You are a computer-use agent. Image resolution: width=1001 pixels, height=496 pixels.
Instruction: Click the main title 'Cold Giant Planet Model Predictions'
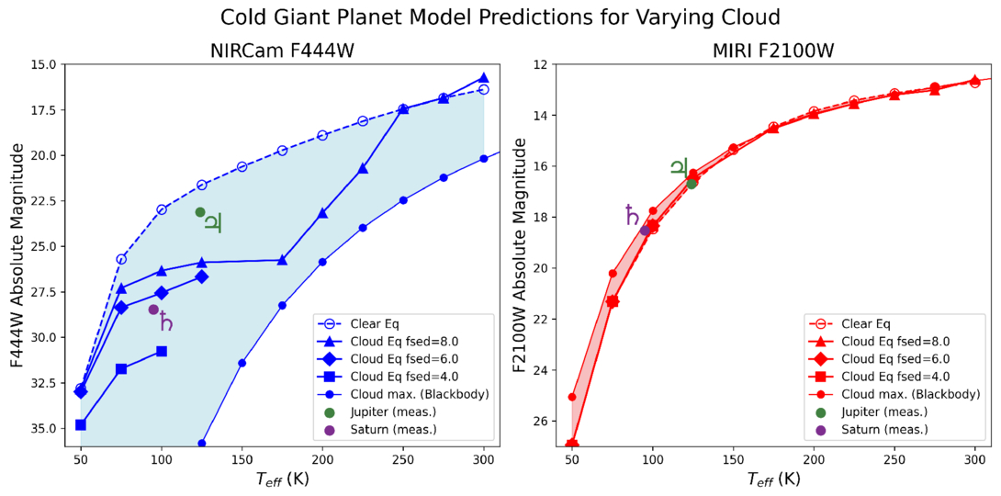tap(500, 17)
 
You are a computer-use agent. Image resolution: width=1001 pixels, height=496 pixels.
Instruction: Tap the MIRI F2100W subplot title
tap(761, 51)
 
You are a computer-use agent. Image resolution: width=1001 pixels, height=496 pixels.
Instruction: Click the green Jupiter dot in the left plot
tap(200, 212)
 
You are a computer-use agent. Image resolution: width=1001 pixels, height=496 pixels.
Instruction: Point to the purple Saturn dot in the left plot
tap(153, 310)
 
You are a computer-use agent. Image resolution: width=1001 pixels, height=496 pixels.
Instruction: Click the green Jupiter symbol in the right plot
tap(679, 166)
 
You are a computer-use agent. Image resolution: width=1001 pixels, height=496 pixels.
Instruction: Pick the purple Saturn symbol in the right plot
tap(632, 215)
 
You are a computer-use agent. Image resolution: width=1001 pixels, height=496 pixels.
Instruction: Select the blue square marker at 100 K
tap(162, 351)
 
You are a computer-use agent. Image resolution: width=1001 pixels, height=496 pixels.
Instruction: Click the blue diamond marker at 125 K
tap(202, 276)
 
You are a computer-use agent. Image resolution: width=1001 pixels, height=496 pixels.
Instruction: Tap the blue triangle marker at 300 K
tap(484, 79)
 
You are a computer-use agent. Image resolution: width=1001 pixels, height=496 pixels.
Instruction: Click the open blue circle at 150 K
tap(242, 166)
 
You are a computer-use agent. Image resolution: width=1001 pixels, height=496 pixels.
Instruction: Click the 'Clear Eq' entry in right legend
tap(867, 323)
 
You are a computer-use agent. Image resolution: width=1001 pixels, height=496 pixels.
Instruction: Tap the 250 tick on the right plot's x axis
tap(894, 457)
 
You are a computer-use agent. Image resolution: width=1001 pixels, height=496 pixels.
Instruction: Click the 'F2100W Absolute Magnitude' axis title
tap(520, 255)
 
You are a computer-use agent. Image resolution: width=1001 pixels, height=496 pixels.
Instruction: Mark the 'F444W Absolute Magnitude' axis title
tap(17, 255)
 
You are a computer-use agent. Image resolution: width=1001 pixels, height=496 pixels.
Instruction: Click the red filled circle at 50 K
tap(572, 397)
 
